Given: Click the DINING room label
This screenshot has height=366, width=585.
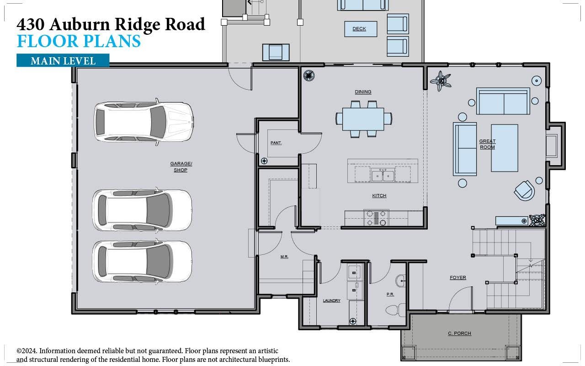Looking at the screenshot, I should coord(363,91).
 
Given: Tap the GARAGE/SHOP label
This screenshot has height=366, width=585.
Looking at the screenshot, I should coord(181,167).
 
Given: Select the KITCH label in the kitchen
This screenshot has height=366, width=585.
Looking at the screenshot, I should coord(379,195).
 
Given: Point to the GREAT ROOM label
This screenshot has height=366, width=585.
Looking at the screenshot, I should coord(487,144).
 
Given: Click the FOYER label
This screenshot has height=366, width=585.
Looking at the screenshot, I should coord(457,277).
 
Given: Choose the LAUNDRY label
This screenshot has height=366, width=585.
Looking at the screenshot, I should coord(331,301).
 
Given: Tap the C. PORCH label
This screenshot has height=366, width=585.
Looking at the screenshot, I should coord(459,333).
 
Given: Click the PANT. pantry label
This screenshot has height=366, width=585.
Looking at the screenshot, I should coord(276,143).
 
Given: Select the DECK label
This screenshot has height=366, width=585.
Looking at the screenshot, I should coord(359,29).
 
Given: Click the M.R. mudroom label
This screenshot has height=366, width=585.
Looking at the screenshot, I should coord(284,257).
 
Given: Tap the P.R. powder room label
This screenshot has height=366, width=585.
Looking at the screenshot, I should coord(390,294).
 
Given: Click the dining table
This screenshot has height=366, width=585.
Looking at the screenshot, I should coord(363,118).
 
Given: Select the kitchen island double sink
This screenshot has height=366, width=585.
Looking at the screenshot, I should coord(383,175).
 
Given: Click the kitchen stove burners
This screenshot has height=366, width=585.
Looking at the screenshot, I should coord(376,218).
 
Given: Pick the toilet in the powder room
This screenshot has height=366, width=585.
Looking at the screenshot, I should coord(394,310).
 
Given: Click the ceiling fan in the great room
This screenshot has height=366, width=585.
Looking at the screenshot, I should coord(441,81).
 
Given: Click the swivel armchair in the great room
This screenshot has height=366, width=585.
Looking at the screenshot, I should coord(524,190).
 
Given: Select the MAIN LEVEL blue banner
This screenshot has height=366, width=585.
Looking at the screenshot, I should coord(63,60).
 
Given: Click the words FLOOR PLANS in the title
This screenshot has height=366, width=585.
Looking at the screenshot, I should coord(79,41).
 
